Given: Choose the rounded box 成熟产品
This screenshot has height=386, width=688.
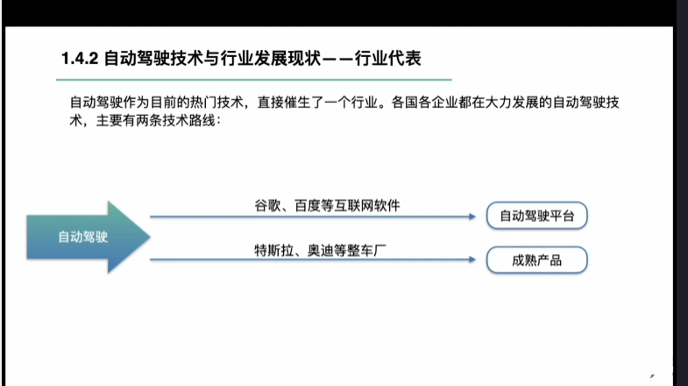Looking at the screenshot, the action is [536, 260].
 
